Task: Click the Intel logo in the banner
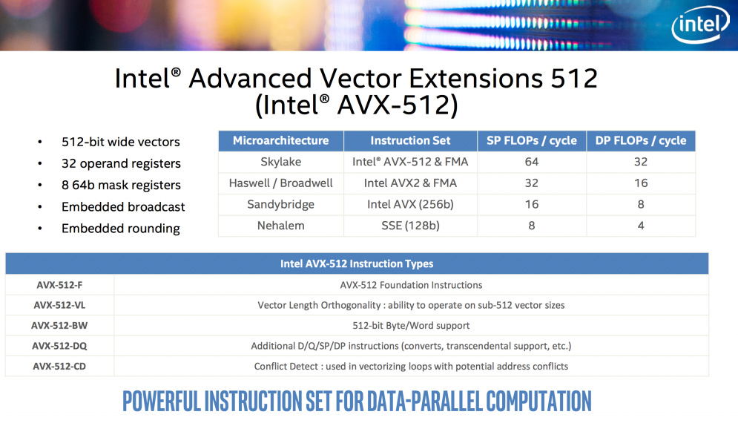coord(700,24)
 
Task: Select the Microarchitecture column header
coord(281,140)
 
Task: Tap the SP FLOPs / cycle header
coord(531,140)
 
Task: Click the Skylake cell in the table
coord(281,162)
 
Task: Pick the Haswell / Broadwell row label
coord(281,183)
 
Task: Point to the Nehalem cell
coord(281,226)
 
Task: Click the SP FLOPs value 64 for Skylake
coord(531,162)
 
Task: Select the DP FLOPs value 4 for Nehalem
coord(641,226)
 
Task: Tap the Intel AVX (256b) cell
coord(410,204)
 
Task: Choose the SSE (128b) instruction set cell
coord(410,226)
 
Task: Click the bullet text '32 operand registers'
coord(121,163)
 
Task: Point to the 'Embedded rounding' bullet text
coord(121,229)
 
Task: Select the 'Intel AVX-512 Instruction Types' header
coord(357,263)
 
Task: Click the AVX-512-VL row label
coord(59,305)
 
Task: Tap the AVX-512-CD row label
coord(59,366)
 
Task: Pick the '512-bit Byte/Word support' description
coord(411,325)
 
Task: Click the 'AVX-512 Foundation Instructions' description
coord(411,285)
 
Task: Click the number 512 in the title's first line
coord(574,78)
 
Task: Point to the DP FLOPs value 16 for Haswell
coord(641,183)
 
